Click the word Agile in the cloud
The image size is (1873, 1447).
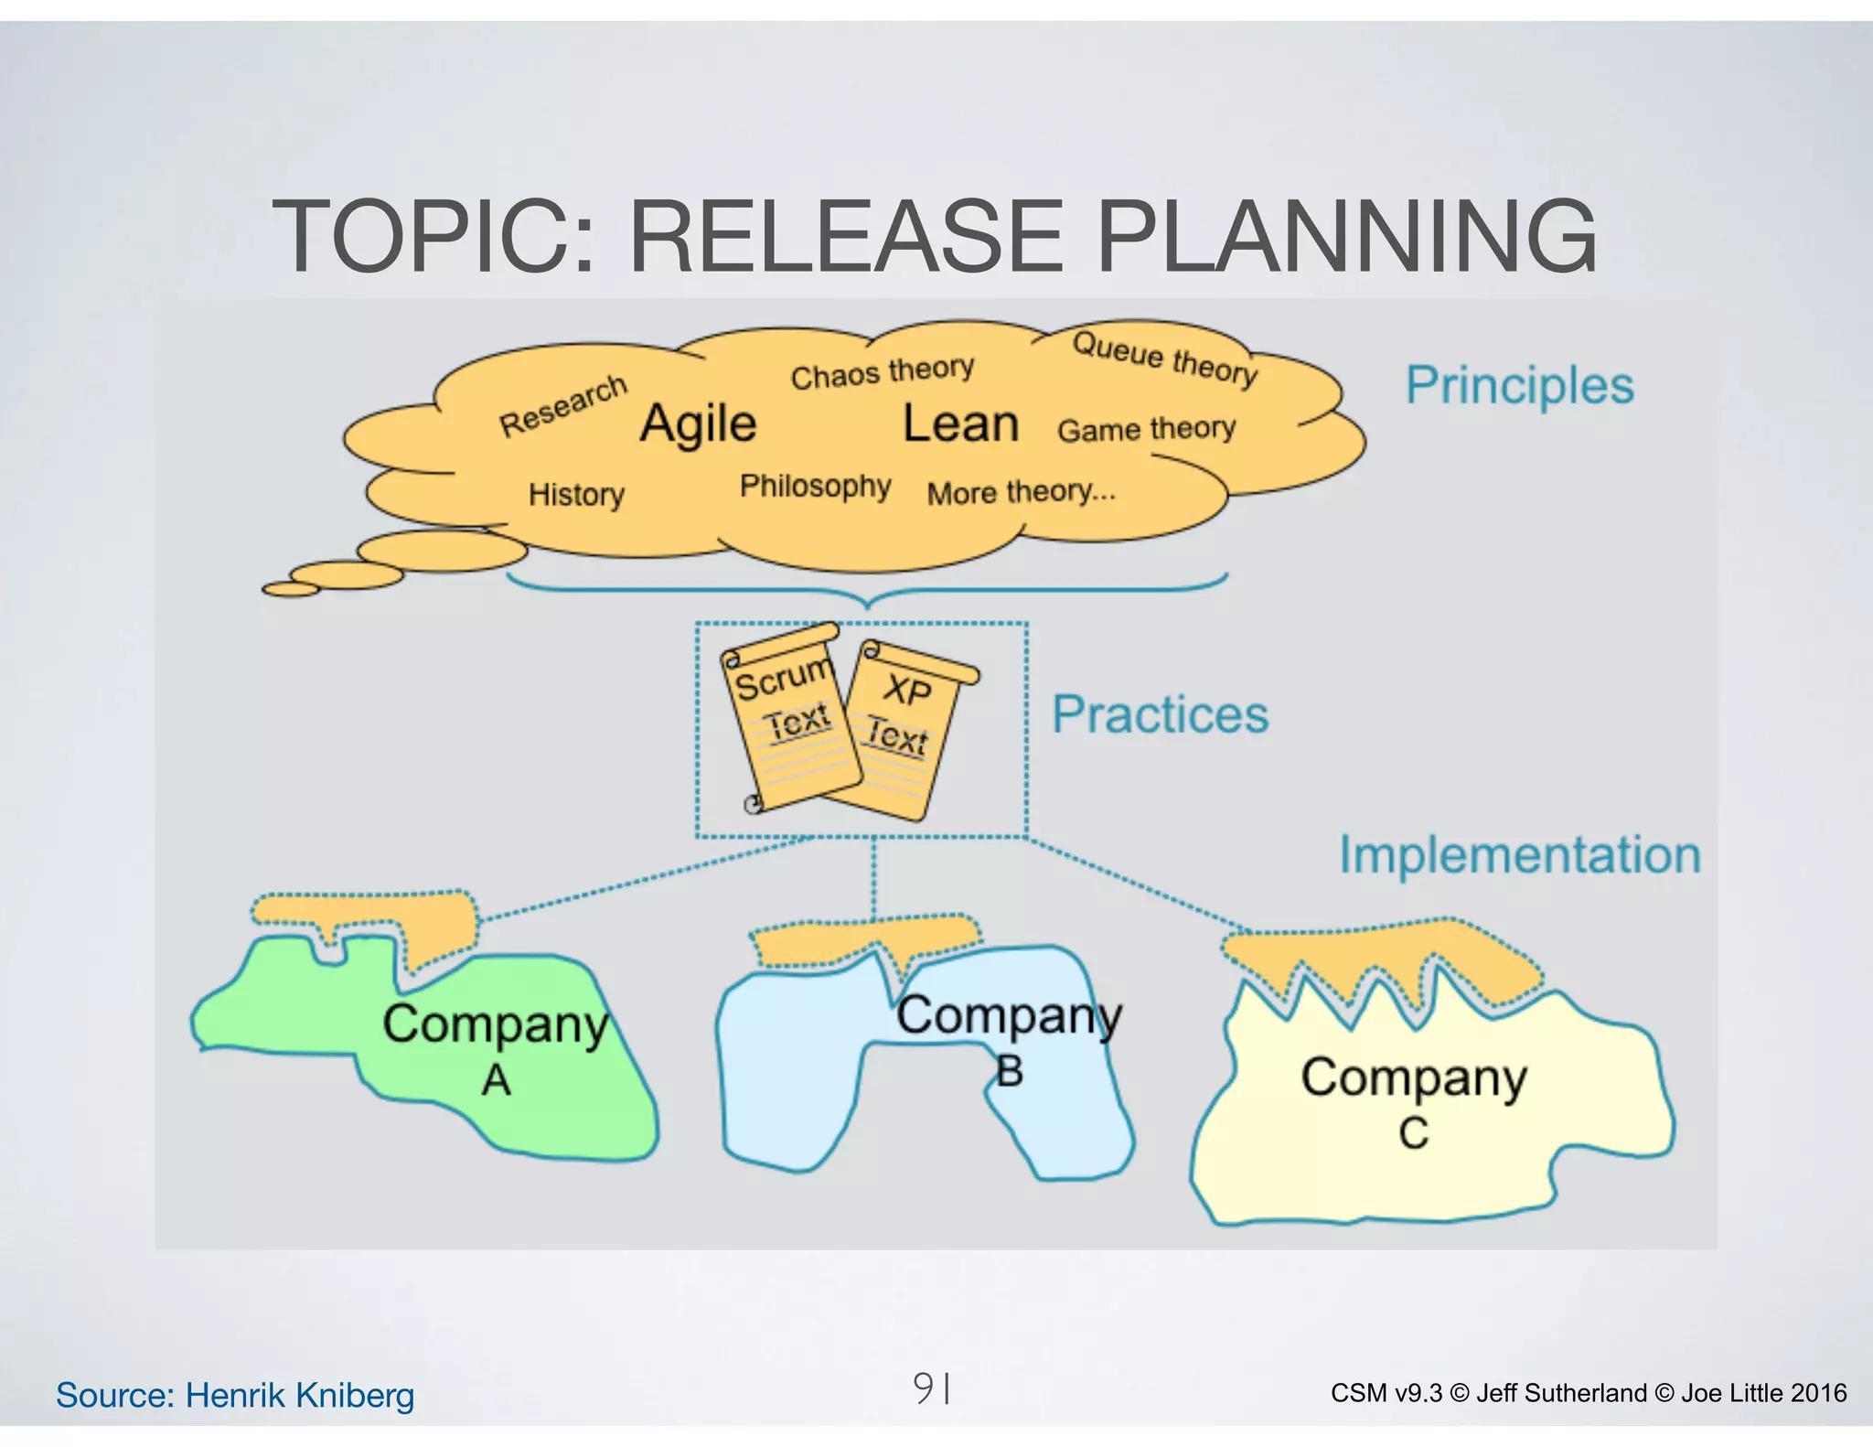tap(698, 424)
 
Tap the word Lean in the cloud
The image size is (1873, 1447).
tap(960, 424)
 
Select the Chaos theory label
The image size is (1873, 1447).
tap(883, 372)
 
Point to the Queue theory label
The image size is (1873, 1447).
tap(1165, 358)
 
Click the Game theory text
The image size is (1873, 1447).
tap(1146, 429)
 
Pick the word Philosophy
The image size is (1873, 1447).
tap(815, 486)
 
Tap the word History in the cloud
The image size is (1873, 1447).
tap(576, 495)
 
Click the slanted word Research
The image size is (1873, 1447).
tap(563, 405)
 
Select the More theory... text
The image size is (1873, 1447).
tap(1022, 493)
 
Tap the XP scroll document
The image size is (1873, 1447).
tap(905, 727)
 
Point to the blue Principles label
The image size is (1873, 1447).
tap(1519, 385)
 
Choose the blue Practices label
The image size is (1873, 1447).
tap(1160, 714)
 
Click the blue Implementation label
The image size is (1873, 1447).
tap(1519, 855)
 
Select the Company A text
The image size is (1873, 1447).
tap(496, 1048)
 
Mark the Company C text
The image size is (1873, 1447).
tap(1414, 1101)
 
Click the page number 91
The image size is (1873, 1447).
tap(931, 1388)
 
